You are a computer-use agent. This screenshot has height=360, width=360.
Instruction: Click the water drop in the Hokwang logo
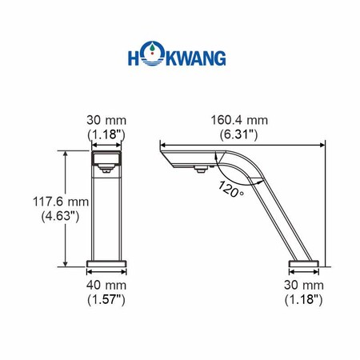point(152,47)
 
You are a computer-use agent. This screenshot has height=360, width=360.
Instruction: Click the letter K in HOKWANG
point(172,58)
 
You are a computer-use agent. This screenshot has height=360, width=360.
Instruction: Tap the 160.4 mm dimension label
point(239,120)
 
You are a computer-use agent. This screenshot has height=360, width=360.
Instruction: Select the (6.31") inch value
point(239,134)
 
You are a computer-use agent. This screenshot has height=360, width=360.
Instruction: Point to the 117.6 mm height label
point(61,202)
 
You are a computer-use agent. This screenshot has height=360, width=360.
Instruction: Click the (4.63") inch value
point(61,216)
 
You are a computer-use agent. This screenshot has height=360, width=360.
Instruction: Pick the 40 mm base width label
point(106,286)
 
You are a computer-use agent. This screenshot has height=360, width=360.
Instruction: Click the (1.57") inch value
point(106,300)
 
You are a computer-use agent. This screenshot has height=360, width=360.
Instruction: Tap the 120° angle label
point(231,190)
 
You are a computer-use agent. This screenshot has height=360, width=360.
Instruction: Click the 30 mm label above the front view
point(106,120)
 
